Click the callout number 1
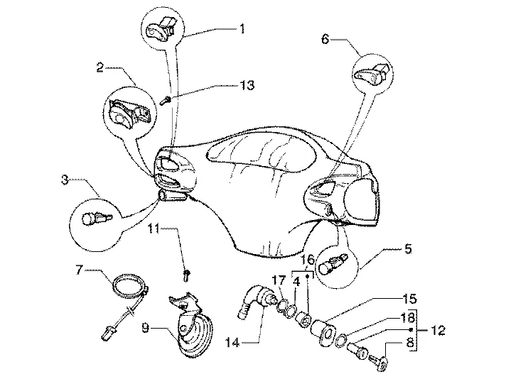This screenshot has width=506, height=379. click(x=242, y=29)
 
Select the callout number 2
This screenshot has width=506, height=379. click(x=100, y=67)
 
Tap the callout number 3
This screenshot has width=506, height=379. click(x=65, y=180)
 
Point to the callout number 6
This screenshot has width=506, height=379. click(x=325, y=39)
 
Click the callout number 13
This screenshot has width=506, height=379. click(x=247, y=85)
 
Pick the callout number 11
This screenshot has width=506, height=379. click(x=154, y=229)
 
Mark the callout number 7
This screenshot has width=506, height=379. click(x=80, y=270)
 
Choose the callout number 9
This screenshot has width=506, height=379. click(x=146, y=328)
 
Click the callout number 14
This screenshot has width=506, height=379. click(x=232, y=342)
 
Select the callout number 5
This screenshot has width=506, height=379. click(x=408, y=249)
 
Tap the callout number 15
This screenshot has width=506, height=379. click(x=410, y=299)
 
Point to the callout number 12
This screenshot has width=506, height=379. click(x=438, y=330)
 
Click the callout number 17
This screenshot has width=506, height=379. click(x=279, y=280)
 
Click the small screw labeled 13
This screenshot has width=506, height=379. click(x=166, y=101)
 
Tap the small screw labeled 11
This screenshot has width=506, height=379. click(x=187, y=275)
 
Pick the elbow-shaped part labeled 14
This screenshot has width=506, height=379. click(x=257, y=299)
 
